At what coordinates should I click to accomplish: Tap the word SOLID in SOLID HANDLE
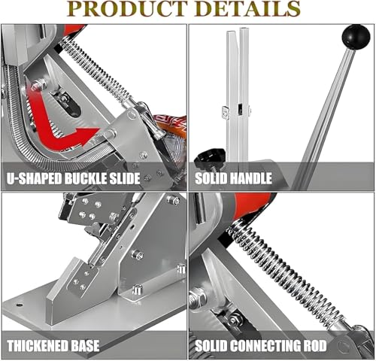click(211, 178)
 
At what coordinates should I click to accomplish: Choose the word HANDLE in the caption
click(250, 178)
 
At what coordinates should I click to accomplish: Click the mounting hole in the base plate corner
click(20, 305)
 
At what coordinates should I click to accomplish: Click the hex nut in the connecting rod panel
click(197, 298)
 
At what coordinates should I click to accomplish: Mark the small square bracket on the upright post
click(226, 111)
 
